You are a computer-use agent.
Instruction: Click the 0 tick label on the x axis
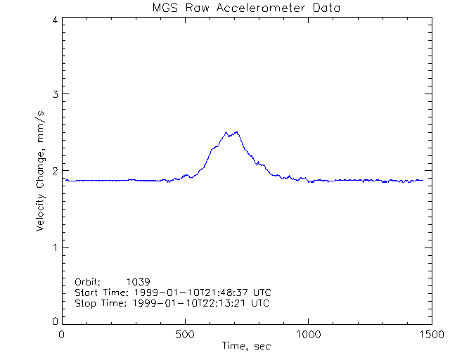click(x=63, y=335)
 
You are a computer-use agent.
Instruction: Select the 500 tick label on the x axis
click(x=186, y=335)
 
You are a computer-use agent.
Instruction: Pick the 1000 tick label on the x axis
click(x=309, y=335)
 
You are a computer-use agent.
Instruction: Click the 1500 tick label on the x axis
click(x=432, y=335)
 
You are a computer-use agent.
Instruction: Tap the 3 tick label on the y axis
click(x=55, y=94)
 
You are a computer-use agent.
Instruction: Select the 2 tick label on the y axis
click(x=55, y=171)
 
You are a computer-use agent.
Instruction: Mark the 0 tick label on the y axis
click(x=55, y=321)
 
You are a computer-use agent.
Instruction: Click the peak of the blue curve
click(x=226, y=132)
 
